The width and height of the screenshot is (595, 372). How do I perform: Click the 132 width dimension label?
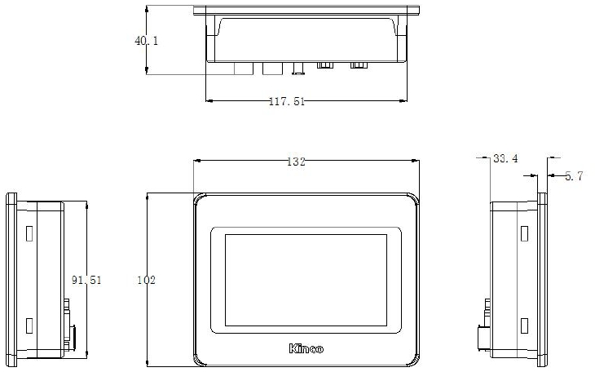click(295, 162)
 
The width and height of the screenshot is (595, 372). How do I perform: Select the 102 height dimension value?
click(146, 280)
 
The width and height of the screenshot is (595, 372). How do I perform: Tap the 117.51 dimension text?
click(286, 102)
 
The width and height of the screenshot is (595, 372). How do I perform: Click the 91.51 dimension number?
click(86, 280)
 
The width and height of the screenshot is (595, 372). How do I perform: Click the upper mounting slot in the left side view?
click(28, 234)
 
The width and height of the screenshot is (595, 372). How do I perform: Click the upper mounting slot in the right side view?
click(524, 234)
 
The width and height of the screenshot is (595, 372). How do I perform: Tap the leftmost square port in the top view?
click(243, 69)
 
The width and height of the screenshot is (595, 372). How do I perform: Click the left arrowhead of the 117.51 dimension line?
click(208, 101)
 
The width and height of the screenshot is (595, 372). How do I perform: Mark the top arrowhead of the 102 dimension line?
click(147, 197)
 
